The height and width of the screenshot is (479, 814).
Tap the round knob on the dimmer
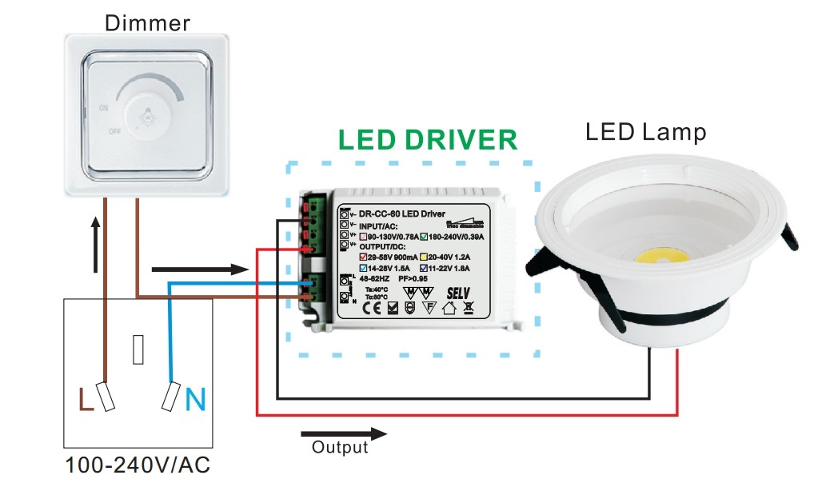[149, 116]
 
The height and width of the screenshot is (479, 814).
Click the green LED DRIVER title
[427, 140]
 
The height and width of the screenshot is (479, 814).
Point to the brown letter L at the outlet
[86, 397]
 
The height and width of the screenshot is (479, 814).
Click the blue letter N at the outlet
[194, 397]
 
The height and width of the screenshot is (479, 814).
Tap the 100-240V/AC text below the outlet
[138, 464]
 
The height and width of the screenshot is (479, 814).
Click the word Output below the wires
[340, 447]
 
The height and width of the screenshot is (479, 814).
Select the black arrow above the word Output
[344, 434]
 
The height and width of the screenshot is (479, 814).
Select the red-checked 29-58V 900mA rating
[390, 256]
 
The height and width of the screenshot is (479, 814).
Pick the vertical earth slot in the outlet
[138, 348]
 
